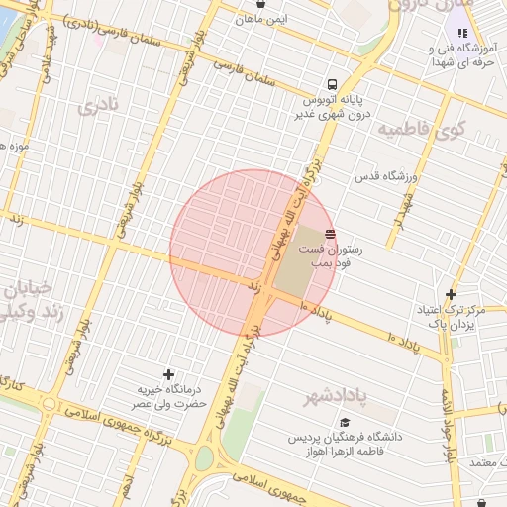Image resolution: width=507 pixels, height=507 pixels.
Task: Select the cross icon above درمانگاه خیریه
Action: coord(169,374)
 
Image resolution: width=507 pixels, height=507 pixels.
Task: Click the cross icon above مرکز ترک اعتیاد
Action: coord(451,294)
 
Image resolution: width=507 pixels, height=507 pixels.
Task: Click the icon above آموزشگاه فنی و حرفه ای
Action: coord(462,33)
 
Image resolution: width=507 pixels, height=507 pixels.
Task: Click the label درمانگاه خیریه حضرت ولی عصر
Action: coord(169,397)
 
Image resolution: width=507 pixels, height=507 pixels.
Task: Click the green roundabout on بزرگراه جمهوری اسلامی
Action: coord(204,459)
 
